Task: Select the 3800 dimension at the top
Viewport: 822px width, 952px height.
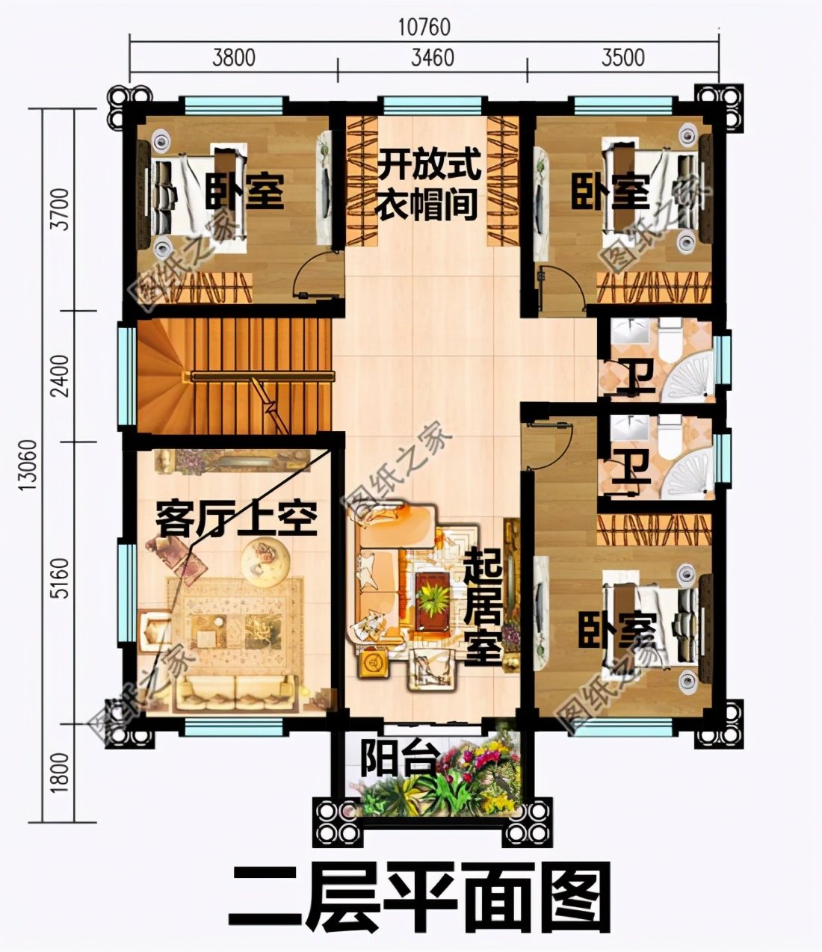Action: click(233, 57)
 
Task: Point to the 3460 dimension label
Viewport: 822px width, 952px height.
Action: click(433, 57)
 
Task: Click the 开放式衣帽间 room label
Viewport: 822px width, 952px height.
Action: click(427, 184)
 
